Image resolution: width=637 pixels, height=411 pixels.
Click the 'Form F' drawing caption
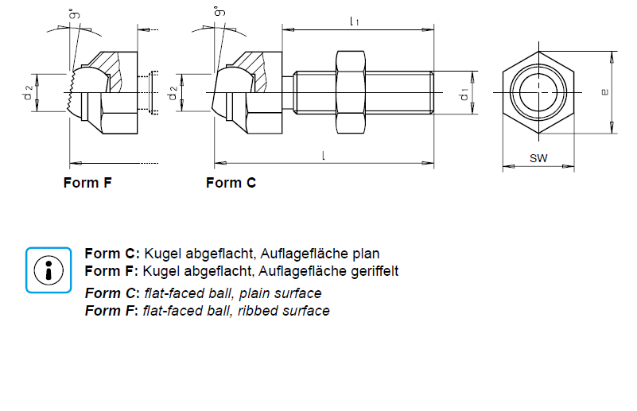click(87, 183)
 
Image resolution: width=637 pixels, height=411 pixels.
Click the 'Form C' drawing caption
click(231, 183)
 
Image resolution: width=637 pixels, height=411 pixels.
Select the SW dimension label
click(538, 159)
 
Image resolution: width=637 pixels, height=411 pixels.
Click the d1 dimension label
click(464, 95)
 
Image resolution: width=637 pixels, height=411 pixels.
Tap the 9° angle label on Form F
click(73, 14)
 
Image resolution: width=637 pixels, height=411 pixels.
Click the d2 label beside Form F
click(28, 93)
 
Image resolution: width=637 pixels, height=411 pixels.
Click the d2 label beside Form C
click(173, 93)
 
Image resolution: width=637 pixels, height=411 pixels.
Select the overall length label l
click(324, 155)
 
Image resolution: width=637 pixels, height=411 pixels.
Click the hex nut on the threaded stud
click(350, 92)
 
